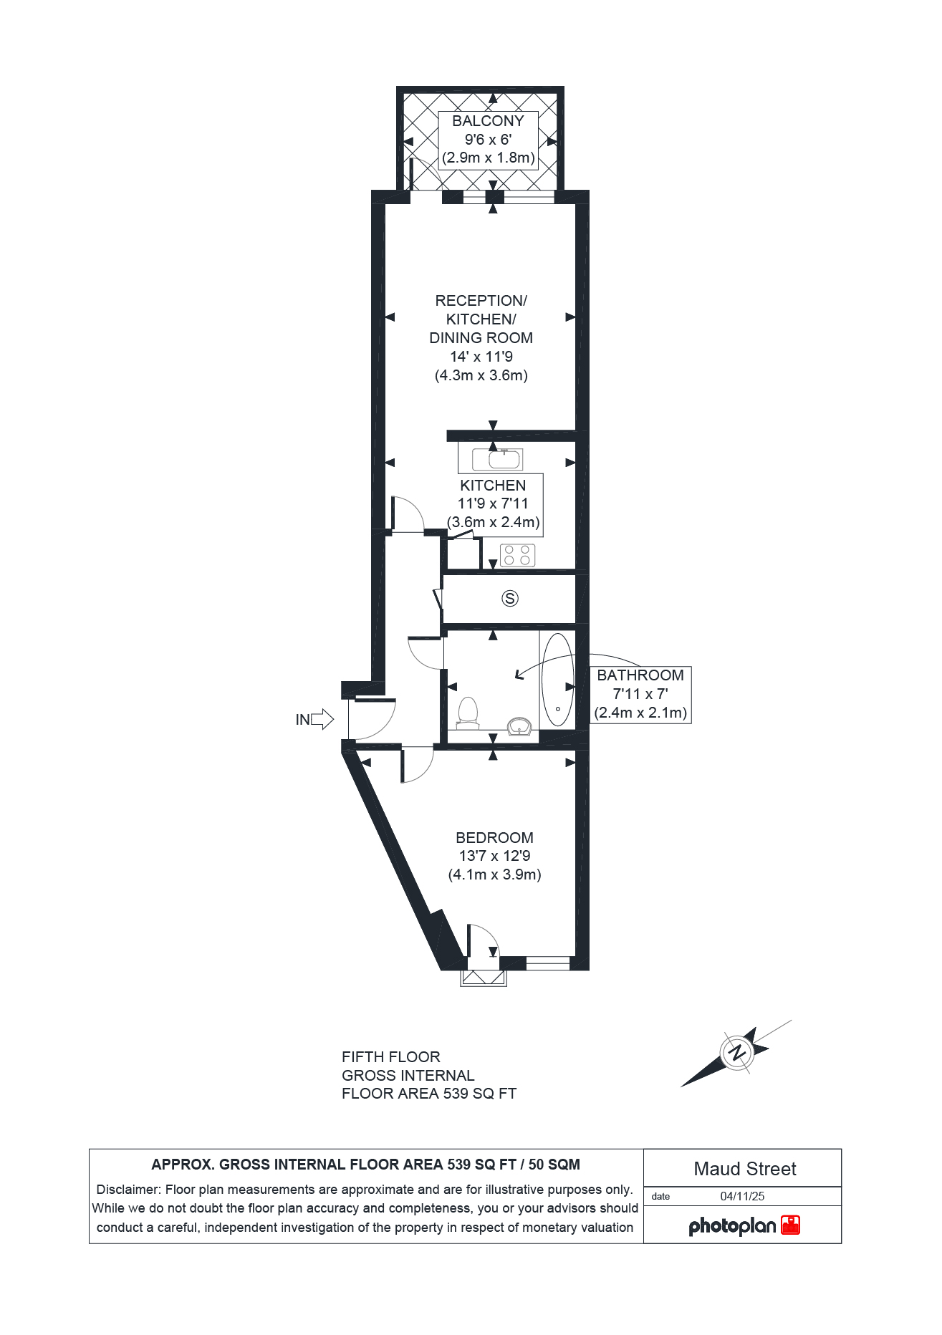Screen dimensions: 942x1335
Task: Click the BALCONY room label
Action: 488,121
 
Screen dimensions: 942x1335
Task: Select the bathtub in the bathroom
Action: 557,680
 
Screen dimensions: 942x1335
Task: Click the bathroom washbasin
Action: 519,727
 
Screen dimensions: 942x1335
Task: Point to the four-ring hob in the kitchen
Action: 517,555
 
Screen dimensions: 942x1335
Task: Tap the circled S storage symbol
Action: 510,598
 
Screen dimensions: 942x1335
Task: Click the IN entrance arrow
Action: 322,719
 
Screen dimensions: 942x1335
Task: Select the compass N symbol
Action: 736,1053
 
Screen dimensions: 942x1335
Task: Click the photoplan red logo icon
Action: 790,1225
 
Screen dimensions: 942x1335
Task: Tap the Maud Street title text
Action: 745,1169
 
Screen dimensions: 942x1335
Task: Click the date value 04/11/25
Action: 742,1196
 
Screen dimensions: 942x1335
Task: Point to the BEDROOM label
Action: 494,837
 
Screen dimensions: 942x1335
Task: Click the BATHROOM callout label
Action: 640,675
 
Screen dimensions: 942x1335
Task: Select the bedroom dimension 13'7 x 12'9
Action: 494,856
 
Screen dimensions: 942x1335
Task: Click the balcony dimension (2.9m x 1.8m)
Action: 489,158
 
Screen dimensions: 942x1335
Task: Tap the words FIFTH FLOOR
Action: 391,1057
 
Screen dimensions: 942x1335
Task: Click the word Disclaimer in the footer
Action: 128,1190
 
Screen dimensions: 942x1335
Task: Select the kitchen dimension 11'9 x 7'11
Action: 493,503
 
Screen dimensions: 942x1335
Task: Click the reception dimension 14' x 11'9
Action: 481,357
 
